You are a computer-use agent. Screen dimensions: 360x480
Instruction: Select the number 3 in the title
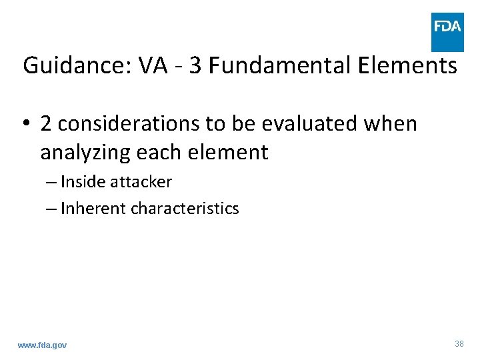coord(195,66)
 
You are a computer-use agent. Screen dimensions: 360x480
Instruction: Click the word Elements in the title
coord(407,66)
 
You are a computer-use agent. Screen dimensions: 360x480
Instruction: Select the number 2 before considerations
coord(47,124)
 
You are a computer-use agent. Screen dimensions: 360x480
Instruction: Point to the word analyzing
coord(85,153)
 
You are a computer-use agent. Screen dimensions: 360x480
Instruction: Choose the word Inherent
coord(93,209)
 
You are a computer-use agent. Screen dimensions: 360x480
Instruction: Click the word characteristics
coord(185,209)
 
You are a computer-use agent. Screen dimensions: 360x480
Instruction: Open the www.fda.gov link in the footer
coord(42,345)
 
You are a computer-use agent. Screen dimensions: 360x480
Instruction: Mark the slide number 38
coord(459,343)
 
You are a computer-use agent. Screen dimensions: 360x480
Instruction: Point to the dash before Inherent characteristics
coord(52,209)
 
